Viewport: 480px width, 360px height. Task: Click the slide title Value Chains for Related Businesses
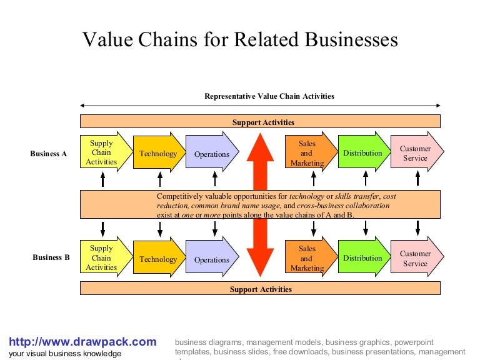tap(240, 40)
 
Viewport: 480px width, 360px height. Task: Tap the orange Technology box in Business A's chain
tap(158, 154)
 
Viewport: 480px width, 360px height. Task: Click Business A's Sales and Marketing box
tap(307, 153)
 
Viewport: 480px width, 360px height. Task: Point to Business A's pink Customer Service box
tap(415, 153)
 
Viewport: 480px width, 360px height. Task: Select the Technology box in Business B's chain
tap(158, 259)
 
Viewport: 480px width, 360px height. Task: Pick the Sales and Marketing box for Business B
tap(307, 258)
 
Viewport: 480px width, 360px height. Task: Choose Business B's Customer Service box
tap(415, 258)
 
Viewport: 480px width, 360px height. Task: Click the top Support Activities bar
tap(260, 122)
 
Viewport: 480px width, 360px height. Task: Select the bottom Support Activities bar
tap(260, 289)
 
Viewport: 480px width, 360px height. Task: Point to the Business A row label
tap(49, 154)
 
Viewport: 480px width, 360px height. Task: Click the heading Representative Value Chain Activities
tap(269, 96)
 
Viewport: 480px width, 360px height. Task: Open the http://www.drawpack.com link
tap(82, 342)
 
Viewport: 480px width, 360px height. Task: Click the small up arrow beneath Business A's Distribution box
tap(366, 180)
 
